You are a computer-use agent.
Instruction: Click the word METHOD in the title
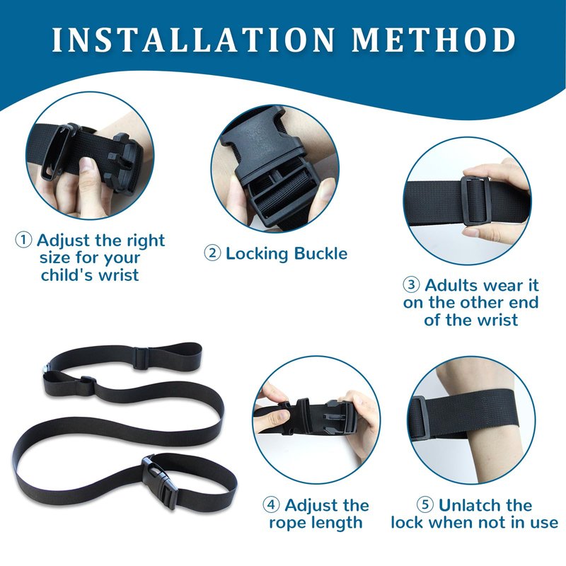pyautogui.click(x=434, y=40)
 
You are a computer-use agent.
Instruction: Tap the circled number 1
pyautogui.click(x=23, y=240)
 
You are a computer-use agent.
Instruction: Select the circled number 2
pyautogui.click(x=213, y=253)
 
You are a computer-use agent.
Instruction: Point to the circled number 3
pyautogui.click(x=412, y=284)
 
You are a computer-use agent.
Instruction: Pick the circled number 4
pyautogui.click(x=272, y=504)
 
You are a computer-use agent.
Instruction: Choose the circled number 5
pyautogui.click(x=425, y=504)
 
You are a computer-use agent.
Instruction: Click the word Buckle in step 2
pyautogui.click(x=320, y=253)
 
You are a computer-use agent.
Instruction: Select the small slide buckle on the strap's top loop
pyautogui.click(x=141, y=358)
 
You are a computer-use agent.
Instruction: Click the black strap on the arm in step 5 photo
pyautogui.click(x=466, y=415)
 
